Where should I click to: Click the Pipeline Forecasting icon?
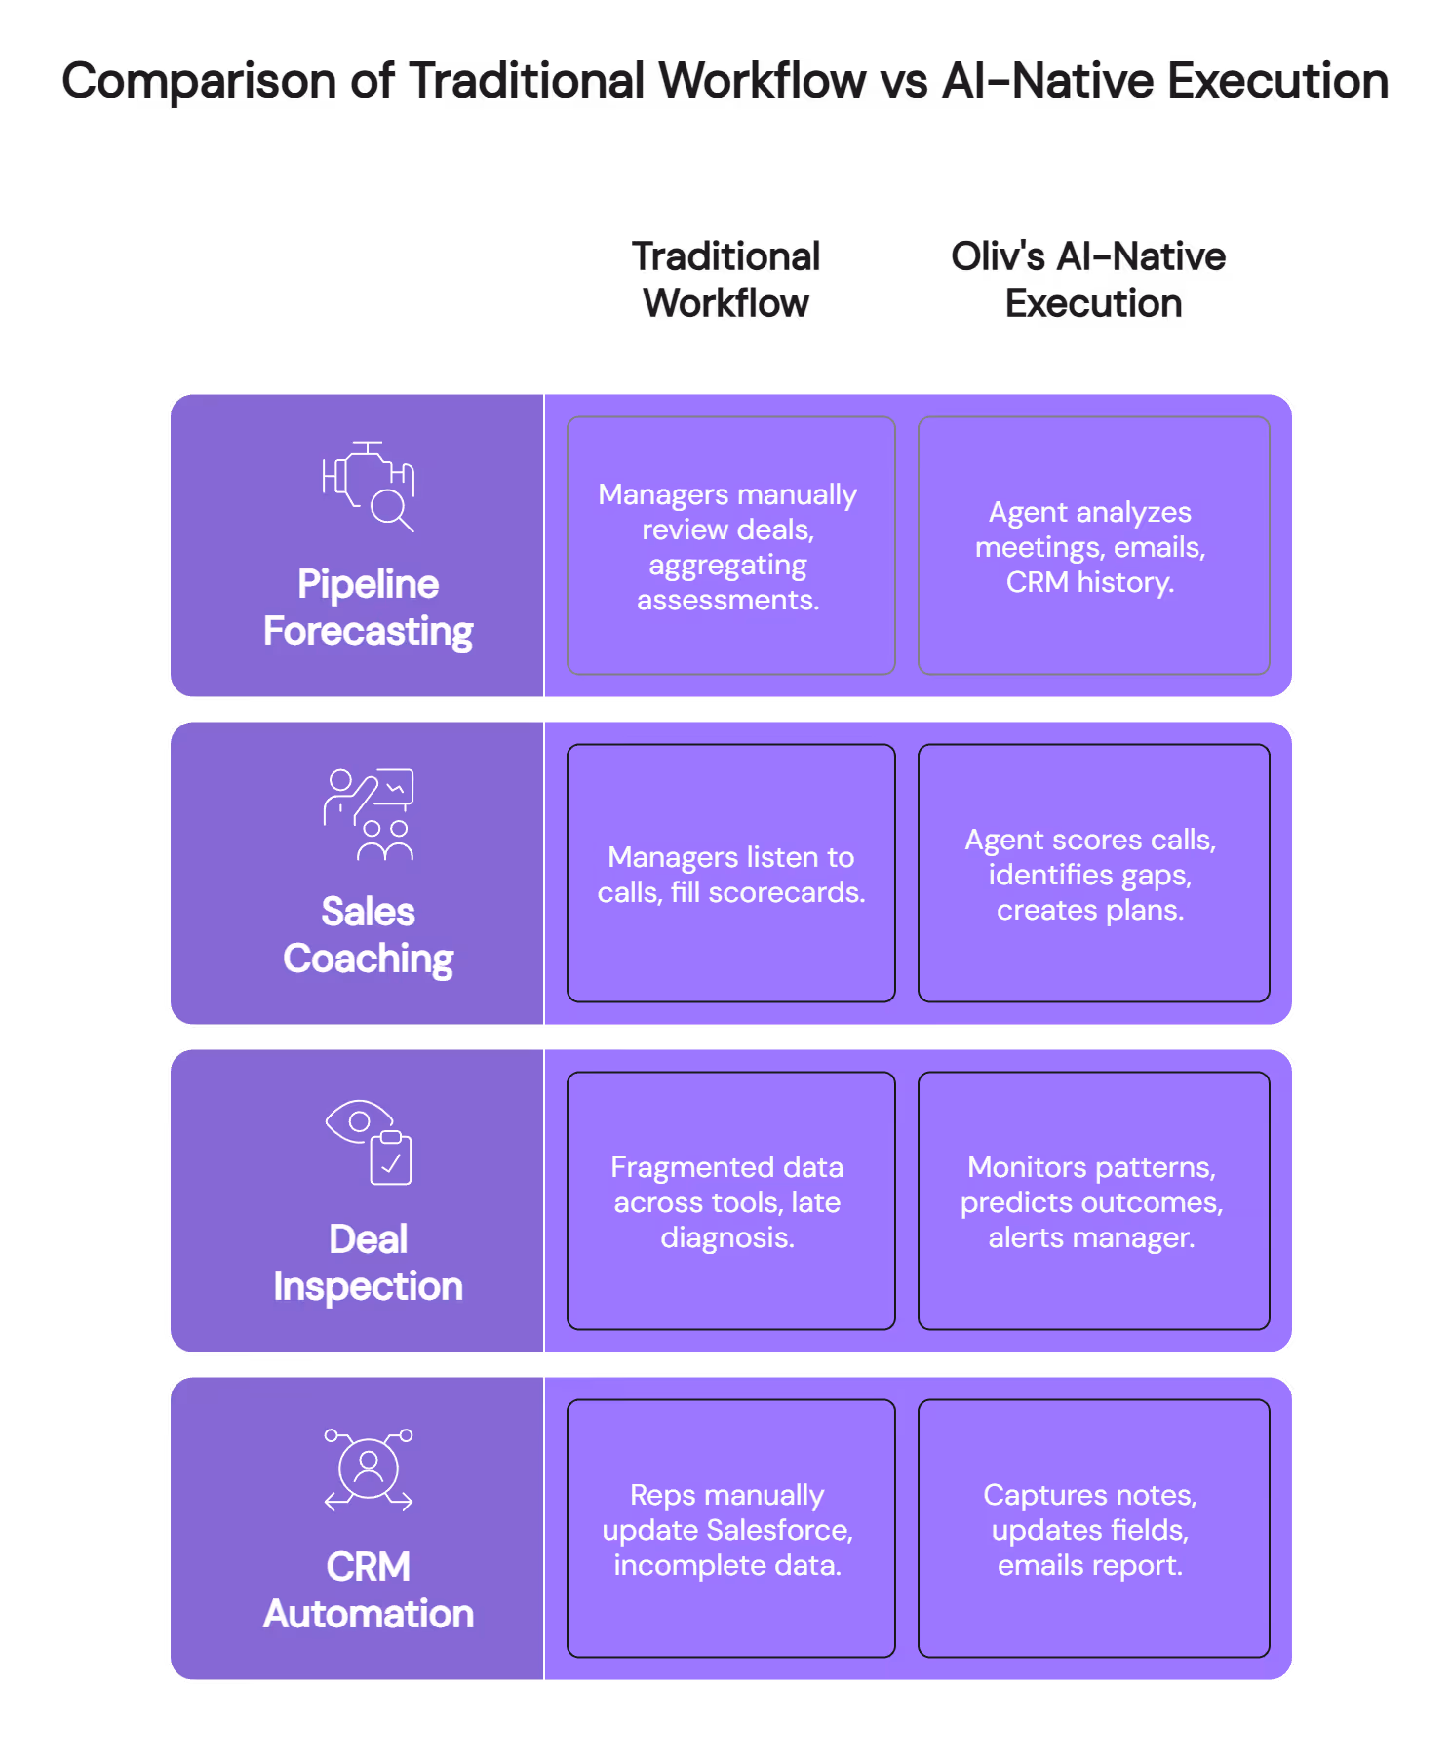369,486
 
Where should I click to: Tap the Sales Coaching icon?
369,814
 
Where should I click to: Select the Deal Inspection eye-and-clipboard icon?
369,1142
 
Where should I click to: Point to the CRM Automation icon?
369,1469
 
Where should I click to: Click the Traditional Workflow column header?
726,280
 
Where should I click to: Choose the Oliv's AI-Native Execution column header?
1089,280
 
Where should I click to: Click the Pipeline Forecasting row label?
369,607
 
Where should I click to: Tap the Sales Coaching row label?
369,935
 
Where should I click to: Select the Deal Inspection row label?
369,1263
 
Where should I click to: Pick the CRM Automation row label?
369,1590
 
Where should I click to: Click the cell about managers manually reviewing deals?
731,546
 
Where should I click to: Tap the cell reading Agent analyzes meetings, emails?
1094,546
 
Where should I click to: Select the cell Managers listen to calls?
731,874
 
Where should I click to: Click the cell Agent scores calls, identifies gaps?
1094,874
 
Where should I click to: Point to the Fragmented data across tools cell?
731,1201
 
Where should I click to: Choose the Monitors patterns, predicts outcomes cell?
1094,1201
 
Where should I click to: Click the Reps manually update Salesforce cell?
731,1529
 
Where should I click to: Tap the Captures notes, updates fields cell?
1094,1529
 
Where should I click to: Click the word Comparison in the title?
200,82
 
